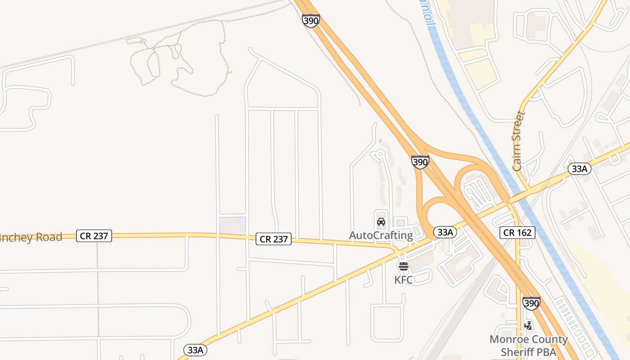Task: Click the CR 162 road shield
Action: [x=517, y=233]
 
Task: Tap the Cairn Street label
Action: [x=519, y=141]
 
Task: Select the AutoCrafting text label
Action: [x=381, y=235]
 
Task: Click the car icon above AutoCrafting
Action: [x=381, y=222]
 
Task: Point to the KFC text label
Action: [x=404, y=280]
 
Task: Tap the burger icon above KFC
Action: [x=404, y=266]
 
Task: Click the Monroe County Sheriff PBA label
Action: [x=528, y=345]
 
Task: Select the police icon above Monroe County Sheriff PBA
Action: [x=528, y=325]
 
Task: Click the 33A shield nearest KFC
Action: [x=445, y=232]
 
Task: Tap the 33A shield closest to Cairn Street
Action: [x=579, y=169]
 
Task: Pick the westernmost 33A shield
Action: [x=196, y=350]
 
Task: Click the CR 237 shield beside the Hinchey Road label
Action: [x=94, y=235]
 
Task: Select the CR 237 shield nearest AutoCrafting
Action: [x=274, y=239]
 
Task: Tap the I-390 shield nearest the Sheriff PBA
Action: [x=531, y=303]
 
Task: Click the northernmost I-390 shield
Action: [x=311, y=21]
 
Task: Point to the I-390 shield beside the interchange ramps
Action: [x=420, y=162]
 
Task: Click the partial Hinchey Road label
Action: [x=31, y=237]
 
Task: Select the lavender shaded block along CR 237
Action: [x=232, y=224]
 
